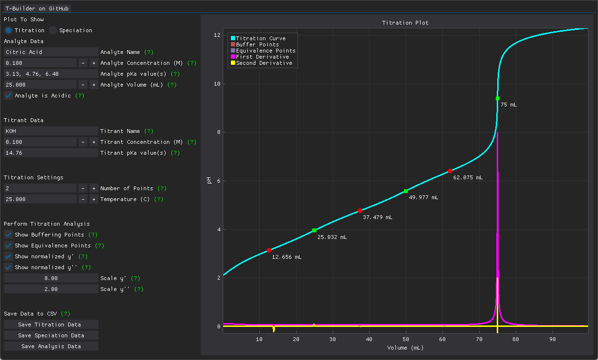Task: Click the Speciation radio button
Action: point(53,30)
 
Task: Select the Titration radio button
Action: point(9,30)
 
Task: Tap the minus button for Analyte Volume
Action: point(83,85)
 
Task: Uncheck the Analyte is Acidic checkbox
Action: point(9,96)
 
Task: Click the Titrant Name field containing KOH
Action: point(51,131)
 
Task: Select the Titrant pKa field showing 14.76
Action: point(51,153)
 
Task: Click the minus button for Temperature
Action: point(83,199)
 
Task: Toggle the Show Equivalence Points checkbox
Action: point(9,246)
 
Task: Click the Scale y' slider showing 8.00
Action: point(51,278)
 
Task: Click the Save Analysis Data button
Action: point(51,346)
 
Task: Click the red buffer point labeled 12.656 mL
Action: point(269,250)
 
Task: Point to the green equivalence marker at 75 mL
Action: point(497,98)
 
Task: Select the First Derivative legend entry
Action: point(262,57)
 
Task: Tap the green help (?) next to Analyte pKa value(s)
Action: point(175,74)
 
